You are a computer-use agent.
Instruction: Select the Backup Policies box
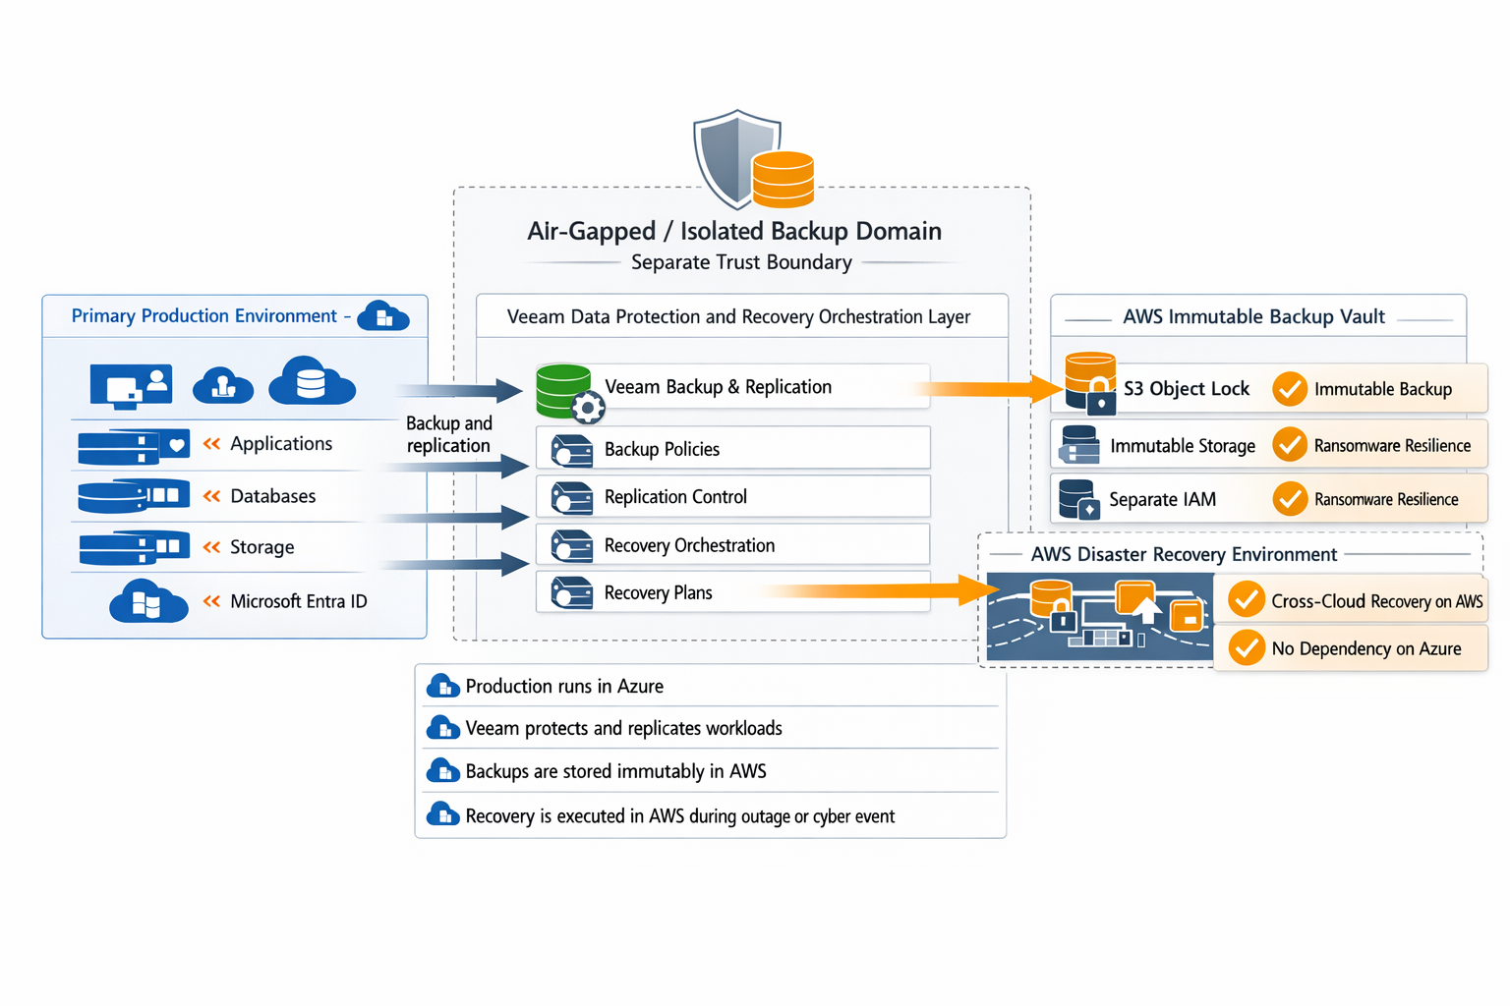point(732,447)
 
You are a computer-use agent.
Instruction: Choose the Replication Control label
point(675,496)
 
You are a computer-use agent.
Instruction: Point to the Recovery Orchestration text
point(689,545)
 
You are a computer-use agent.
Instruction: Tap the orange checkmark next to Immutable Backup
point(1290,389)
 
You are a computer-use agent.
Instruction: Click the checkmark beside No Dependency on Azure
point(1247,647)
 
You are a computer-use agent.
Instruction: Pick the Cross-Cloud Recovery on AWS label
point(1376,600)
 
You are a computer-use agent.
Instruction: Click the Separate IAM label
point(1162,499)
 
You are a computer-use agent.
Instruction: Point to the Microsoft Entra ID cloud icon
point(148,600)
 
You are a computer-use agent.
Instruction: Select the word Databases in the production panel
point(273,496)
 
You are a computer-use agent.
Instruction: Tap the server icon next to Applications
point(134,446)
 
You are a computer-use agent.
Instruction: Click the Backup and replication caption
point(449,434)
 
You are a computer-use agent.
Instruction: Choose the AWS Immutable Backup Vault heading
point(1253,316)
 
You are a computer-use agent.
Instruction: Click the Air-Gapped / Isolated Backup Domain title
point(734,231)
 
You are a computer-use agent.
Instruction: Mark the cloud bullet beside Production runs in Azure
point(443,686)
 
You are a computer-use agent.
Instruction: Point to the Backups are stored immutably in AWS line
point(616,771)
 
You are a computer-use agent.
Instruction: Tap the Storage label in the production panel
point(262,546)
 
